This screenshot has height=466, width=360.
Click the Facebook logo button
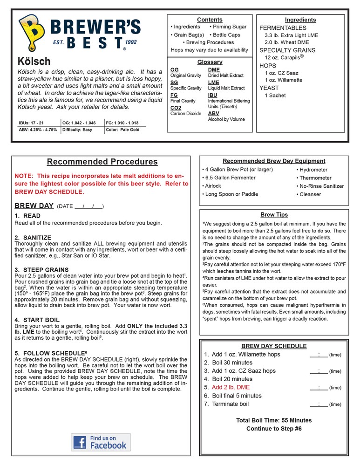[101, 442]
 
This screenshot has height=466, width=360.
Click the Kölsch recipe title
[34, 62]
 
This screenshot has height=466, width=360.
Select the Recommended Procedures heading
[102, 162]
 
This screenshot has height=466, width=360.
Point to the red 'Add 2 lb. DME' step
[231, 387]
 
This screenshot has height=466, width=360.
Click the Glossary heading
[210, 62]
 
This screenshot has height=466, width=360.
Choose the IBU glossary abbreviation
[213, 95]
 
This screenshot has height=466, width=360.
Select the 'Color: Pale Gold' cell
[122, 130]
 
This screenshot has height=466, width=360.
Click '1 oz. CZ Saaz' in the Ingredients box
[281, 73]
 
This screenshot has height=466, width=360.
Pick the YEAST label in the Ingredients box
[269, 88]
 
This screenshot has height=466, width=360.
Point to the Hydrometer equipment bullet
[313, 170]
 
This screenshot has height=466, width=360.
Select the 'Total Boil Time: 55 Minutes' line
[273, 420]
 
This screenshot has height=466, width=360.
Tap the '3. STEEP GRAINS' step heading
[41, 270]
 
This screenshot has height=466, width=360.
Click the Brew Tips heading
[274, 215]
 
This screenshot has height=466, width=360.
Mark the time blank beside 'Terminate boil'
[319, 404]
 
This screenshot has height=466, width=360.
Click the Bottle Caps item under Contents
[226, 35]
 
